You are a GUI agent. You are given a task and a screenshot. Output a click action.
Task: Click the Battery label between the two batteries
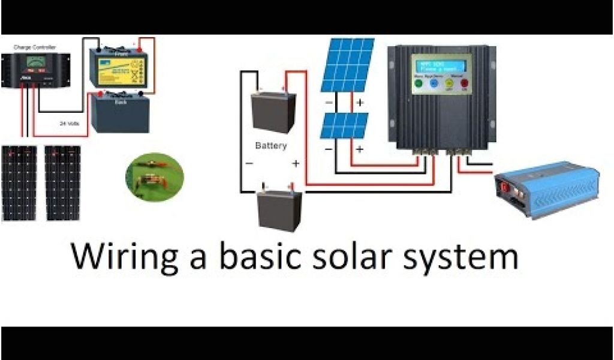[271, 145]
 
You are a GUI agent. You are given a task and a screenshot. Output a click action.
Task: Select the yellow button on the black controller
[448, 85]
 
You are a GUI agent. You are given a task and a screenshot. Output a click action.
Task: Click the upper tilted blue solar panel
[347, 65]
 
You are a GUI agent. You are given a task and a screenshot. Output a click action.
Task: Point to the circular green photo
[154, 176]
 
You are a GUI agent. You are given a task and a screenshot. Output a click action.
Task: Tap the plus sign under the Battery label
[295, 163]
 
